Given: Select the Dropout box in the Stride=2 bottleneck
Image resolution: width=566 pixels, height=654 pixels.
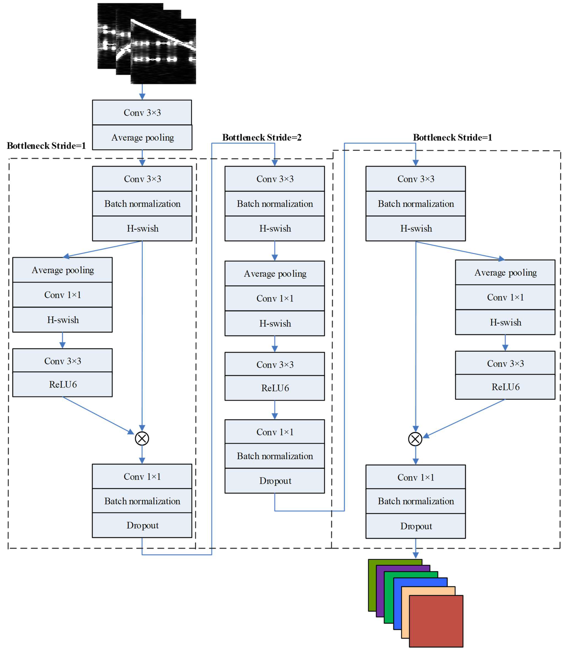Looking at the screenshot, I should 274,480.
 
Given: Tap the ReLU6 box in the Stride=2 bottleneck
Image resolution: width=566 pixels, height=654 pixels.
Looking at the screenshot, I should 274,388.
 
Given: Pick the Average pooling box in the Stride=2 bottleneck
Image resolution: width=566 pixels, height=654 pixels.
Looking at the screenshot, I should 274,274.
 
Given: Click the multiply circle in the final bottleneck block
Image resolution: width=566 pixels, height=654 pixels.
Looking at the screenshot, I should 415,439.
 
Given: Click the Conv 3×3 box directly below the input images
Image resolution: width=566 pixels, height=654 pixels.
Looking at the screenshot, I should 142,112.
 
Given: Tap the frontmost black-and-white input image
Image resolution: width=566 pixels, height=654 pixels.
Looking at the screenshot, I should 163,52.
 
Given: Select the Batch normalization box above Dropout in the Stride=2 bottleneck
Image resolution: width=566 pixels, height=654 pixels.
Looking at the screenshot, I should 274,456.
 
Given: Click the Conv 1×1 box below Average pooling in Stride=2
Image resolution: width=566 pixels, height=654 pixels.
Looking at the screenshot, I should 274,298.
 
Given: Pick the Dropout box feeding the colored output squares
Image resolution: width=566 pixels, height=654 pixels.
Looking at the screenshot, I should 416,526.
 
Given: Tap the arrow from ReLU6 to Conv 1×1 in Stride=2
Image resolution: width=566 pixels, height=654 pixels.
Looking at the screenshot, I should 274,410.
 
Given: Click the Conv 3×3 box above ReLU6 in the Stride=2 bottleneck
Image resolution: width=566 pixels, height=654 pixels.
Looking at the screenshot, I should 274,364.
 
